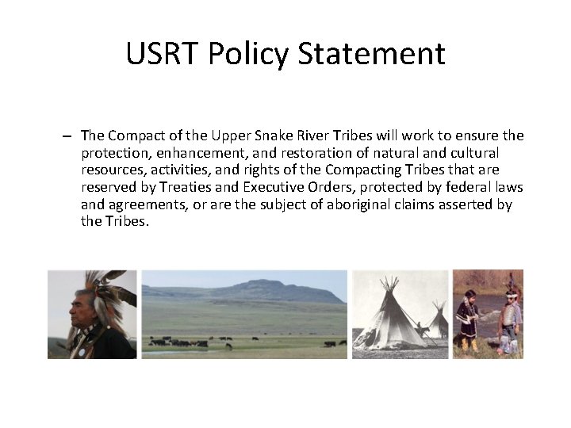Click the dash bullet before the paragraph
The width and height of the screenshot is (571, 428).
point(69,136)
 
